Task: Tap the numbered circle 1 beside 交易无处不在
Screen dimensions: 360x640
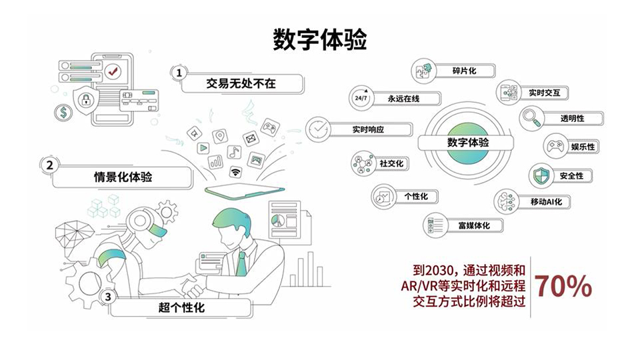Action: pyautogui.click(x=178, y=73)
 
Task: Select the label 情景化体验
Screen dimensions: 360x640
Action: pyautogui.click(x=123, y=177)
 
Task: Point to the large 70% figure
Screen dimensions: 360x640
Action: pyautogui.click(x=563, y=286)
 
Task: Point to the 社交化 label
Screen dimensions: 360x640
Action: pyautogui.click(x=393, y=163)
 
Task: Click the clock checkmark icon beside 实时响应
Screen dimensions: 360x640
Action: pyautogui.click(x=319, y=129)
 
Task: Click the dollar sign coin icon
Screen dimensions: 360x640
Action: pyautogui.click(x=64, y=113)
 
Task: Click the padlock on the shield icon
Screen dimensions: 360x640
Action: pyautogui.click(x=85, y=101)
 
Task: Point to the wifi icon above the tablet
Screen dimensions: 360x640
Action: pyautogui.click(x=235, y=172)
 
